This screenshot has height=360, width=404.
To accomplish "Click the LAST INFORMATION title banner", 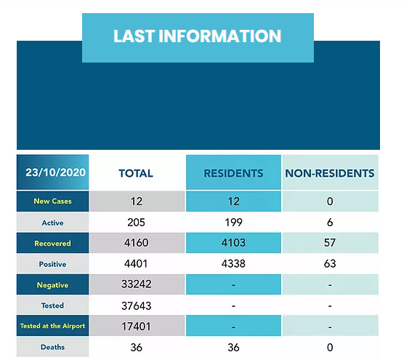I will pyautogui.click(x=197, y=36).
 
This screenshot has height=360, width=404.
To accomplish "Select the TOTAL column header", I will pyautogui.click(x=136, y=173).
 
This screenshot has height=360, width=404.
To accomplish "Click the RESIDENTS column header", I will pyautogui.click(x=233, y=173).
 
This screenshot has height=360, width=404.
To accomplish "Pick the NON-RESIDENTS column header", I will pyautogui.click(x=330, y=173).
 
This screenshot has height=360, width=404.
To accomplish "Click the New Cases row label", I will pyautogui.click(x=52, y=201).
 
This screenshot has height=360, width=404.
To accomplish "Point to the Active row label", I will pyautogui.click(x=52, y=223).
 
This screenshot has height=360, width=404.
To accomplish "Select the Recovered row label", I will pyautogui.click(x=52, y=244).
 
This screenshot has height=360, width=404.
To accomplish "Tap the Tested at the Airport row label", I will pyautogui.click(x=52, y=327).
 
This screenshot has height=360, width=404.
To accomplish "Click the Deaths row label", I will pyautogui.click(x=52, y=348).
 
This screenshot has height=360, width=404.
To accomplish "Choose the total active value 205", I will pyautogui.click(x=136, y=223).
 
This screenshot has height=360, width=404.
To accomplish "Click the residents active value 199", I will pyautogui.click(x=233, y=223).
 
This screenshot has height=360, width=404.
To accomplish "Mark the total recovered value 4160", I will pyautogui.click(x=136, y=244).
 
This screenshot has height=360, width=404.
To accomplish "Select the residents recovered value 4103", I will pyautogui.click(x=233, y=244).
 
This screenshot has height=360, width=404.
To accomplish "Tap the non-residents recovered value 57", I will pyautogui.click(x=330, y=244).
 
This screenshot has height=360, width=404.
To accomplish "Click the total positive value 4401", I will pyautogui.click(x=136, y=264).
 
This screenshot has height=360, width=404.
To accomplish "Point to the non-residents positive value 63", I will pyautogui.click(x=330, y=264).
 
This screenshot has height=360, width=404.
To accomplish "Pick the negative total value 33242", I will pyautogui.click(x=136, y=285).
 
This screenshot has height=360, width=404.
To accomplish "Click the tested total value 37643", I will pyautogui.click(x=136, y=305).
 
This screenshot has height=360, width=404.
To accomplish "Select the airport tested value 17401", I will pyautogui.click(x=136, y=327).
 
